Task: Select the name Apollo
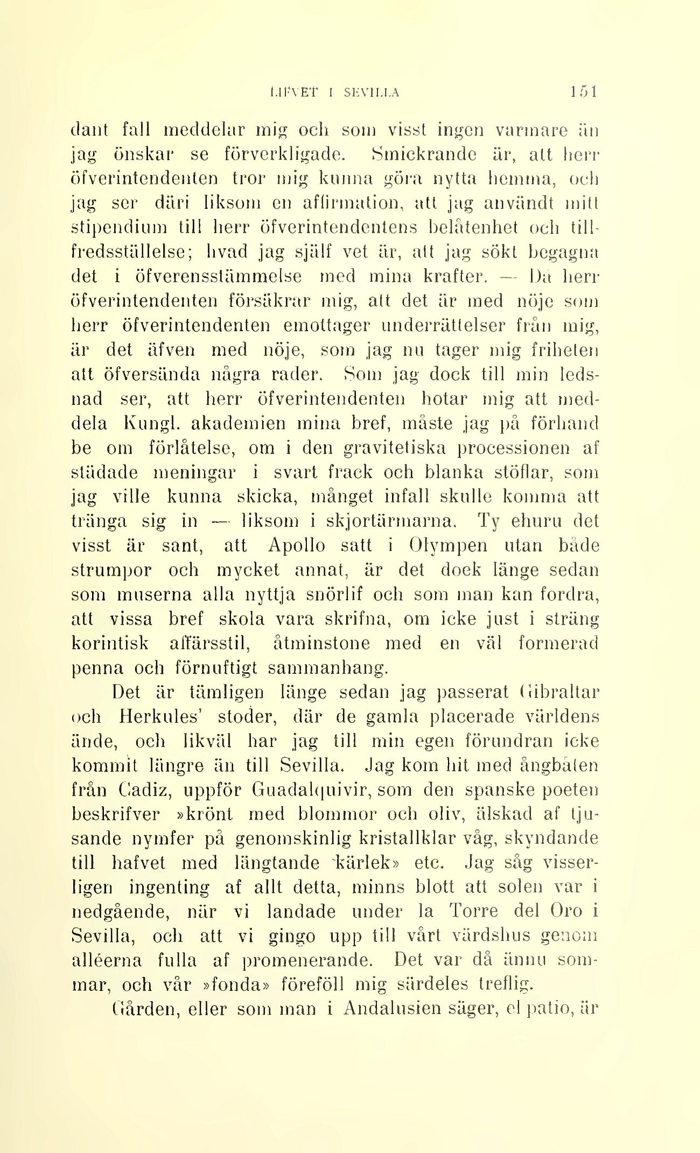point(296,546)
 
